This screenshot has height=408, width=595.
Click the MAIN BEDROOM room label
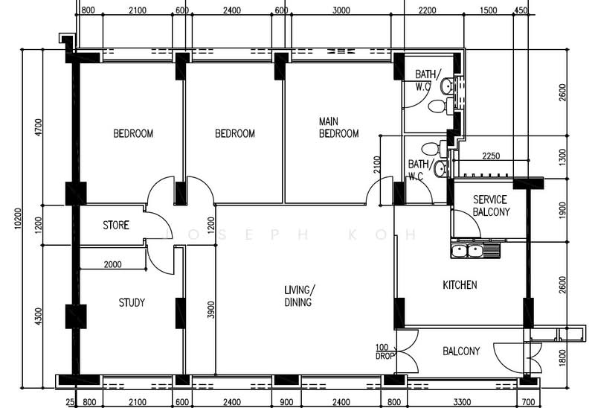pos(338,127)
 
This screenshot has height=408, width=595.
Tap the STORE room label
pos(115,225)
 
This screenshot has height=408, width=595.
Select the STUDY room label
pos(132,303)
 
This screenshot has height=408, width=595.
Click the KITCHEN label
pos(460,285)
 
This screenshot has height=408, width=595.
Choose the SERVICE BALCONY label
pos(490,206)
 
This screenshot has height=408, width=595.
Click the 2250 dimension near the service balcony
pos(492,156)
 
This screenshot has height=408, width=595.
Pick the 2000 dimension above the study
pos(112,264)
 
